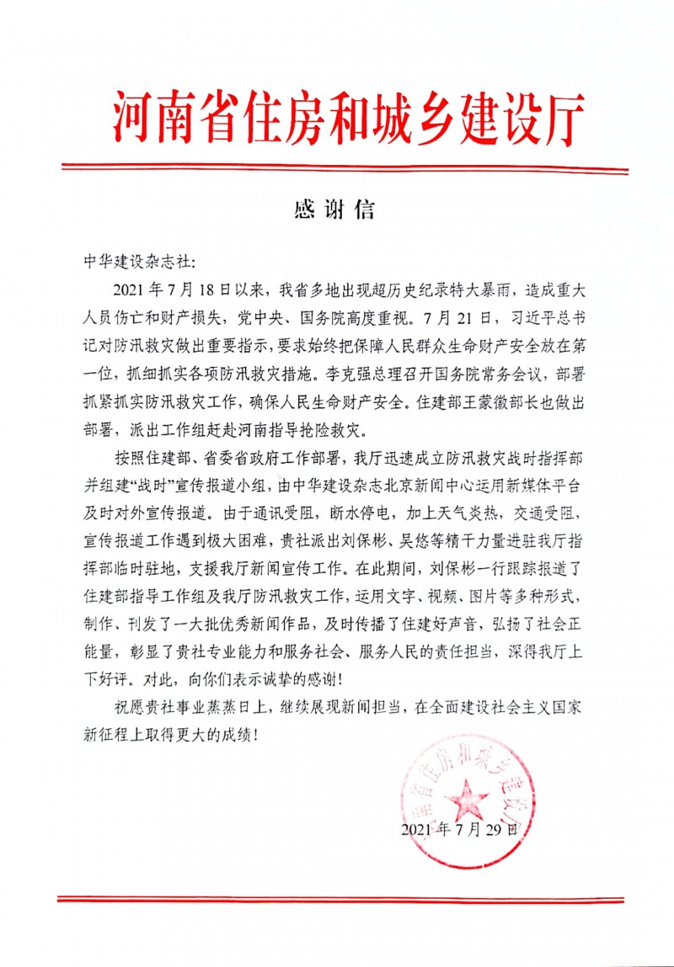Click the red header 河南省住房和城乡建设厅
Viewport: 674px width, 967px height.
pyautogui.click(x=348, y=118)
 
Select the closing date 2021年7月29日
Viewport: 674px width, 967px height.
pyautogui.click(x=458, y=830)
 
